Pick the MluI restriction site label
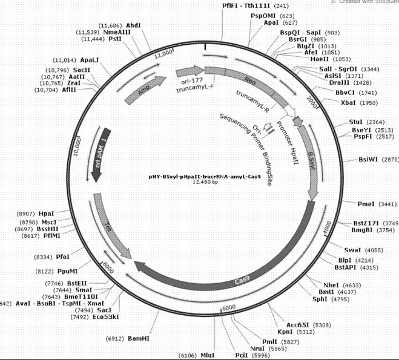click(x=208, y=355)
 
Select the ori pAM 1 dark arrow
click(x=99, y=154)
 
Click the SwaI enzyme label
click(x=352, y=250)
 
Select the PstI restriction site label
click(x=114, y=39)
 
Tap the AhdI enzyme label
click(x=133, y=25)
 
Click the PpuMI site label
click(x=67, y=271)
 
